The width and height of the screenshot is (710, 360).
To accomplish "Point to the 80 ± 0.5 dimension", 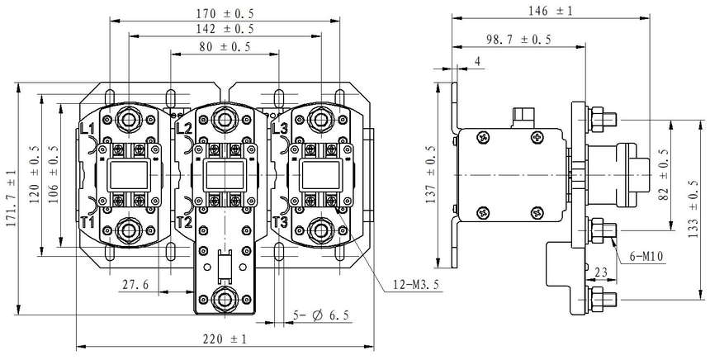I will pyautogui.click(x=225, y=47).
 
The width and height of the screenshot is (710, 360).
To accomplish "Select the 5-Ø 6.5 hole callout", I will pyautogui.click(x=322, y=315).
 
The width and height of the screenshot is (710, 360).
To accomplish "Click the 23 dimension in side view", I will pyautogui.click(x=601, y=271).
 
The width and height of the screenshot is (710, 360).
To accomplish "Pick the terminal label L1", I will pyautogui.click(x=88, y=129).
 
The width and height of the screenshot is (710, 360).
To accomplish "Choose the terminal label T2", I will pyautogui.click(x=184, y=223).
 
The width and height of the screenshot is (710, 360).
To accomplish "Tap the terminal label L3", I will pyautogui.click(x=279, y=129).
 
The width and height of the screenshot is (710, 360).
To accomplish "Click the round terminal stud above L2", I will pyautogui.click(x=224, y=117).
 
